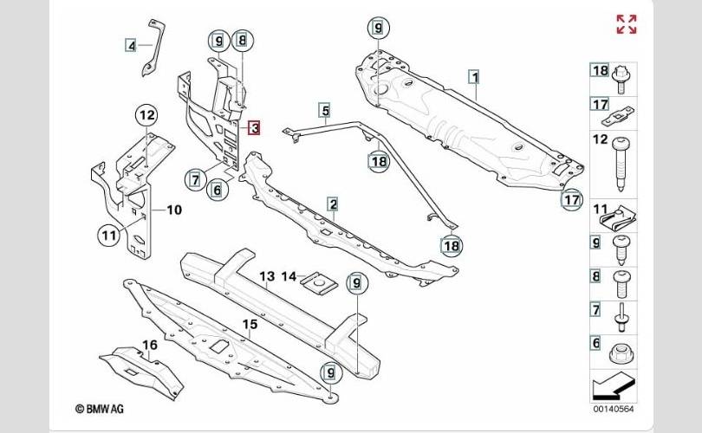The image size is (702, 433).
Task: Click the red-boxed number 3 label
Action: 254,128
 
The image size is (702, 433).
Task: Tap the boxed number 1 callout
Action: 475,77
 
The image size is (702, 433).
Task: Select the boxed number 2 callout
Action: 333,204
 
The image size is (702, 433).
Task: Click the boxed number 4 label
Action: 131,45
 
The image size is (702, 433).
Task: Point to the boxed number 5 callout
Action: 325,110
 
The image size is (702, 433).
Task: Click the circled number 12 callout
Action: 146,116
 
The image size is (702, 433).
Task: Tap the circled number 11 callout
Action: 109,235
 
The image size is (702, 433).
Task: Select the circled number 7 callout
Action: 196,180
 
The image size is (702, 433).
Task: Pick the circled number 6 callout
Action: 218,190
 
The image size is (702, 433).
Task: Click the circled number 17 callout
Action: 572,199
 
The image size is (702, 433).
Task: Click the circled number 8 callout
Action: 242,41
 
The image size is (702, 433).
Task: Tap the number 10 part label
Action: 174,210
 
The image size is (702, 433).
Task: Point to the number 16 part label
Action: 150,345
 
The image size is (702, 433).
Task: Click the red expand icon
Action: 627,24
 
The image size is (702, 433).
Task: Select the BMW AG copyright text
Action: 100,409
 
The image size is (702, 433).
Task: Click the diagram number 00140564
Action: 614,409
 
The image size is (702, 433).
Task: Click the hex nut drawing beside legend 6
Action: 621,353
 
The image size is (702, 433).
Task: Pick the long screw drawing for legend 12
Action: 621,164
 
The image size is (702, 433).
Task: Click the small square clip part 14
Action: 319,283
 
